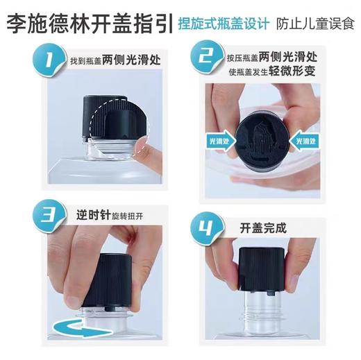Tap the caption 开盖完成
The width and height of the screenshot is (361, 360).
(262, 228)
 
